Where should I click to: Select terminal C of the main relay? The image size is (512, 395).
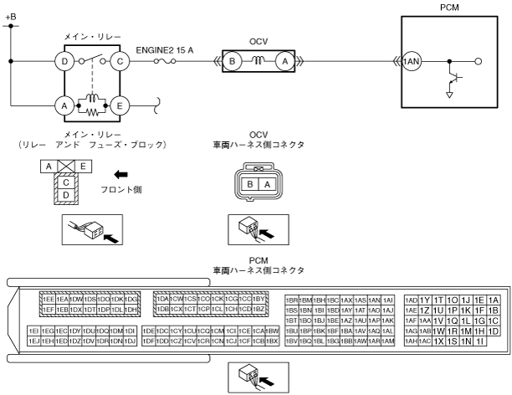coord(120,60)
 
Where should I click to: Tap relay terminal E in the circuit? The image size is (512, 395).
coord(120,105)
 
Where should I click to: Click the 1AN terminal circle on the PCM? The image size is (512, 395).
coord(412,61)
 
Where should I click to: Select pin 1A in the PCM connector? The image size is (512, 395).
coord(494,300)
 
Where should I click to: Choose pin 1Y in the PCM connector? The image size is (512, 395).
coord(424,300)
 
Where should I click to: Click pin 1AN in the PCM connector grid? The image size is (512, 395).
coord(374,300)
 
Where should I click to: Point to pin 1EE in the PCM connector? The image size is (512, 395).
coord(49,300)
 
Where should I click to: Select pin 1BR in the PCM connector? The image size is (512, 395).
coord(292,300)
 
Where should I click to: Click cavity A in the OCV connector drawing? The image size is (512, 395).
coord(265,183)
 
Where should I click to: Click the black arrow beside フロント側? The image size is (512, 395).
coord(121,175)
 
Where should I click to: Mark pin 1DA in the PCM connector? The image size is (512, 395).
coord(163,300)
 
